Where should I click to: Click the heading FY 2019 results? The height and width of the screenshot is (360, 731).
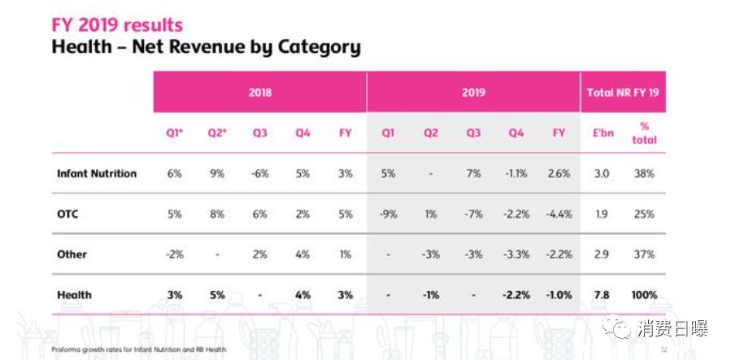[117, 24]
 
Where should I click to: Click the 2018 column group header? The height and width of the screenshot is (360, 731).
[259, 93]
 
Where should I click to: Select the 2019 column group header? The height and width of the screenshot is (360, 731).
[473, 93]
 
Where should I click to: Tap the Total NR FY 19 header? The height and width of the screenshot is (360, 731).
[622, 93]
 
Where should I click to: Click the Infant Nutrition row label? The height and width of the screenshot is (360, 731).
[97, 173]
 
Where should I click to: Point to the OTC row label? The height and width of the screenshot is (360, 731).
[67, 214]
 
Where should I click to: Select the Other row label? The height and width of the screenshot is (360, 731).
[72, 254]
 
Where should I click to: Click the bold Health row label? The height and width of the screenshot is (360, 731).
[74, 295]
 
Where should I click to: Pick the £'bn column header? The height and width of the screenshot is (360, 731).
[603, 132]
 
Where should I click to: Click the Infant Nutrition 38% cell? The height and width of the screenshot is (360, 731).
[645, 173]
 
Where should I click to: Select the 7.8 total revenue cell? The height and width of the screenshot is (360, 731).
[603, 295]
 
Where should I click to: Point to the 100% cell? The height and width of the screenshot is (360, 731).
[645, 295]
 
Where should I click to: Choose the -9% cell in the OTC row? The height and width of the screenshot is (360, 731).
[388, 214]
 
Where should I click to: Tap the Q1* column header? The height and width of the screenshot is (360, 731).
[174, 132]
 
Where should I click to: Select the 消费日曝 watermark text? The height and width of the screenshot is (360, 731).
[672, 328]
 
